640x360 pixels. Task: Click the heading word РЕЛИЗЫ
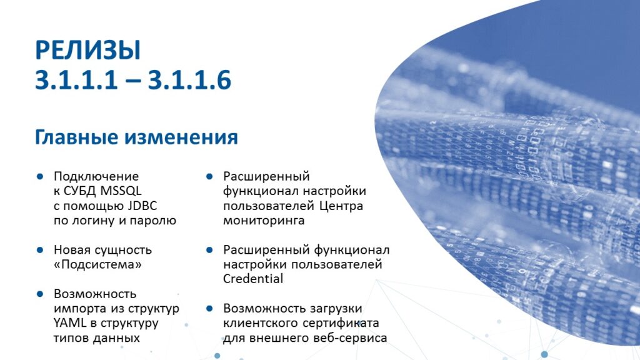(88, 50)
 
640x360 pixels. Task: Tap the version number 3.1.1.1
(76, 79)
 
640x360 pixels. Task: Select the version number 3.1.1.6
(189, 79)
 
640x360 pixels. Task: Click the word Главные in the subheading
(76, 137)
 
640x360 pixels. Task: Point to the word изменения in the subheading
(181, 137)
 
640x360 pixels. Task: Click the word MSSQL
(121, 191)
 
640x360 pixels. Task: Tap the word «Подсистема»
(97, 264)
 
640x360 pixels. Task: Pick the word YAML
(70, 323)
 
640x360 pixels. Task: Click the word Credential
(253, 279)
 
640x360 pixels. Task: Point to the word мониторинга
(264, 221)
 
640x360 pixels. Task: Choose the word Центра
(341, 205)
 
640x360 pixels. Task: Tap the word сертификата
(341, 323)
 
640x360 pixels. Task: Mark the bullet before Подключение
(40, 176)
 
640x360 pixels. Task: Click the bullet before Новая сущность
(40, 250)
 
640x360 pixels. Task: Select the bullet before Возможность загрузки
(209, 309)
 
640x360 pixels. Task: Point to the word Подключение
(96, 176)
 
